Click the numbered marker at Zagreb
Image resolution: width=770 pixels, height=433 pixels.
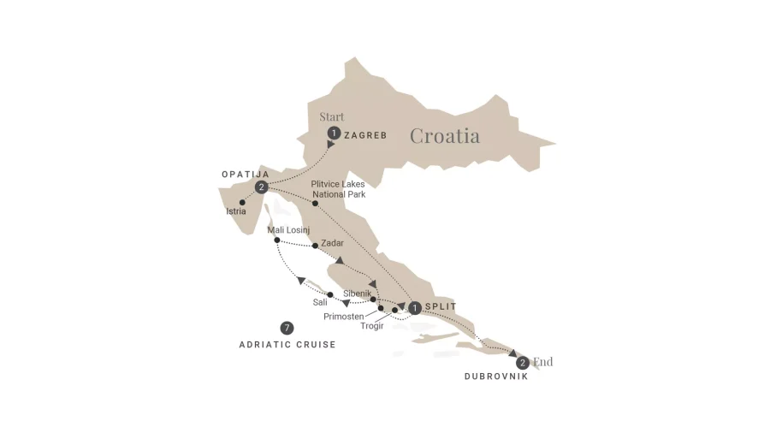[334, 133]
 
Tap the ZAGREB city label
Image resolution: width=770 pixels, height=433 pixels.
[365, 135]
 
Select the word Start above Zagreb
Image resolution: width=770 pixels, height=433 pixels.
[332, 116]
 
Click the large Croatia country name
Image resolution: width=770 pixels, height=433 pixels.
[444, 135]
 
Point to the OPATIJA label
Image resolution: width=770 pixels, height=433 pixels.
[246, 175]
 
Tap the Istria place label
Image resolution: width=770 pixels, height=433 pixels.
[236, 211]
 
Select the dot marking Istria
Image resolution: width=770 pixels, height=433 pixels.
[243, 202]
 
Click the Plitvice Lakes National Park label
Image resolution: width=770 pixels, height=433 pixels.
[341, 188]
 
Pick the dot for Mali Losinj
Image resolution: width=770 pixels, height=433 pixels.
[277, 240]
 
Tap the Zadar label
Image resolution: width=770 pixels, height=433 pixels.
[332, 243]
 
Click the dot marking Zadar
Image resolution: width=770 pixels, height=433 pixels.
[316, 246]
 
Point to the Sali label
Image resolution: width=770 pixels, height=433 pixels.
[320, 302]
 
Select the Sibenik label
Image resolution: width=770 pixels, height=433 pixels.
[358, 293]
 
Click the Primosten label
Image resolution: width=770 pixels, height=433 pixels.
[344, 316]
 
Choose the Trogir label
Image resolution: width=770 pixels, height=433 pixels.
[372, 324]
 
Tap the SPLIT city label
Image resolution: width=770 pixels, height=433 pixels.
[441, 307]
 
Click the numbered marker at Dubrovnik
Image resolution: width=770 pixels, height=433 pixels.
[522, 363]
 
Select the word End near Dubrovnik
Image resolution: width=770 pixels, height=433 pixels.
[542, 362]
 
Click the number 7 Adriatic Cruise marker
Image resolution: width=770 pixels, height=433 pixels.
[287, 328]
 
